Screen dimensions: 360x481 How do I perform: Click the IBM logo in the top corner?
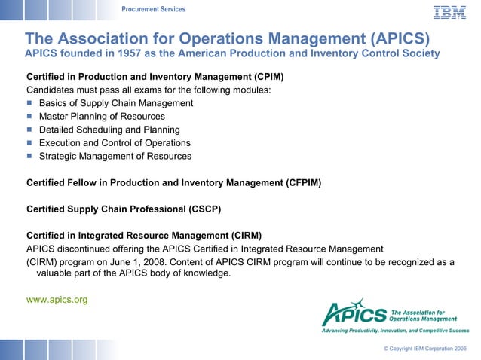[x=449, y=12]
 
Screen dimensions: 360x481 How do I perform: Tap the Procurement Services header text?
[x=153, y=9]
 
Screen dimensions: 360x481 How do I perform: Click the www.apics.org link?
[x=57, y=300]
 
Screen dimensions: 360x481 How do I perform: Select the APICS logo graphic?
[x=354, y=313]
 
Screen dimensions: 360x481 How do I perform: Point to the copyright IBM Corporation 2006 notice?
[x=424, y=349]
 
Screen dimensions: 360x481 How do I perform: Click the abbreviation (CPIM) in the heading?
[x=268, y=77]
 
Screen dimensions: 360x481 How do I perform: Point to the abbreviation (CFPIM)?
[x=304, y=182]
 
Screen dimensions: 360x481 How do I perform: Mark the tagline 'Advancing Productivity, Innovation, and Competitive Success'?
[x=395, y=331]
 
